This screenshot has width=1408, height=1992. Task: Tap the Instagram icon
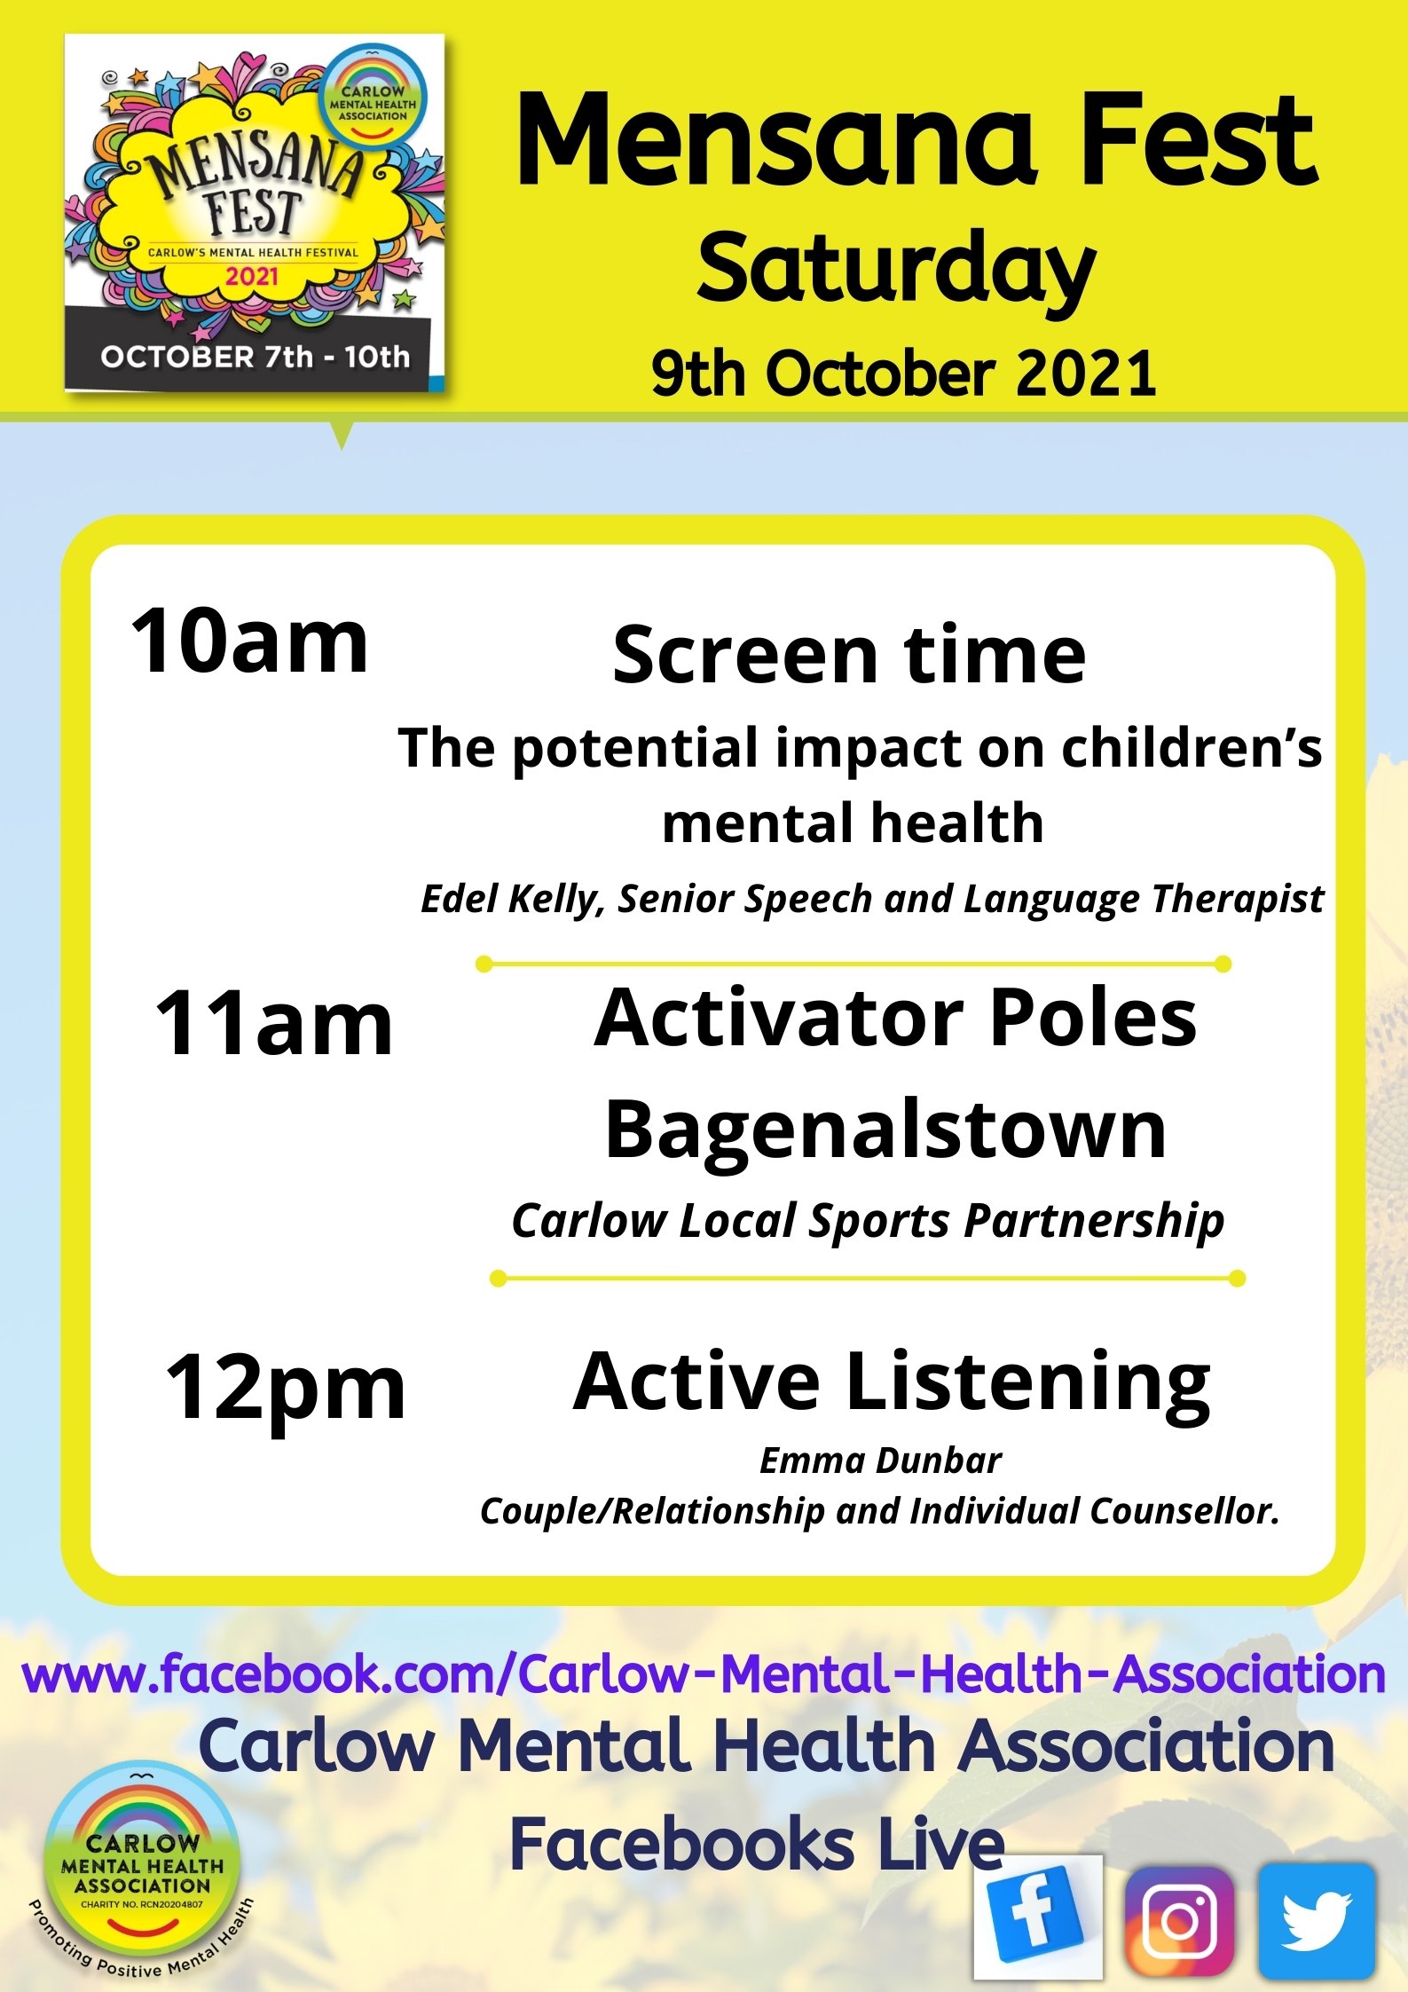tap(1179, 1919)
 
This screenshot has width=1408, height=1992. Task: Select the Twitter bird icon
tap(1317, 1920)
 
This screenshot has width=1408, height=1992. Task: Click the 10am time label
tap(249, 641)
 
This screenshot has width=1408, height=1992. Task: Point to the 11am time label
tap(273, 1023)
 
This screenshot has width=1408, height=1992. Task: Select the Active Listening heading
tap(892, 1382)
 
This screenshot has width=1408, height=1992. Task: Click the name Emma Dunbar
tap(880, 1461)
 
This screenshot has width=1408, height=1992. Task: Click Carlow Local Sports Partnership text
tap(868, 1221)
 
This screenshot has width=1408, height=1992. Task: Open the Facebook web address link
tap(704, 1673)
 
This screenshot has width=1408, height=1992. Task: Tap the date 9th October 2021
tap(903, 373)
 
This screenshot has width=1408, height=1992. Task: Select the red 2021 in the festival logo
tap(252, 276)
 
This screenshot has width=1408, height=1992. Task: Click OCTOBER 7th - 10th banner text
tap(256, 357)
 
